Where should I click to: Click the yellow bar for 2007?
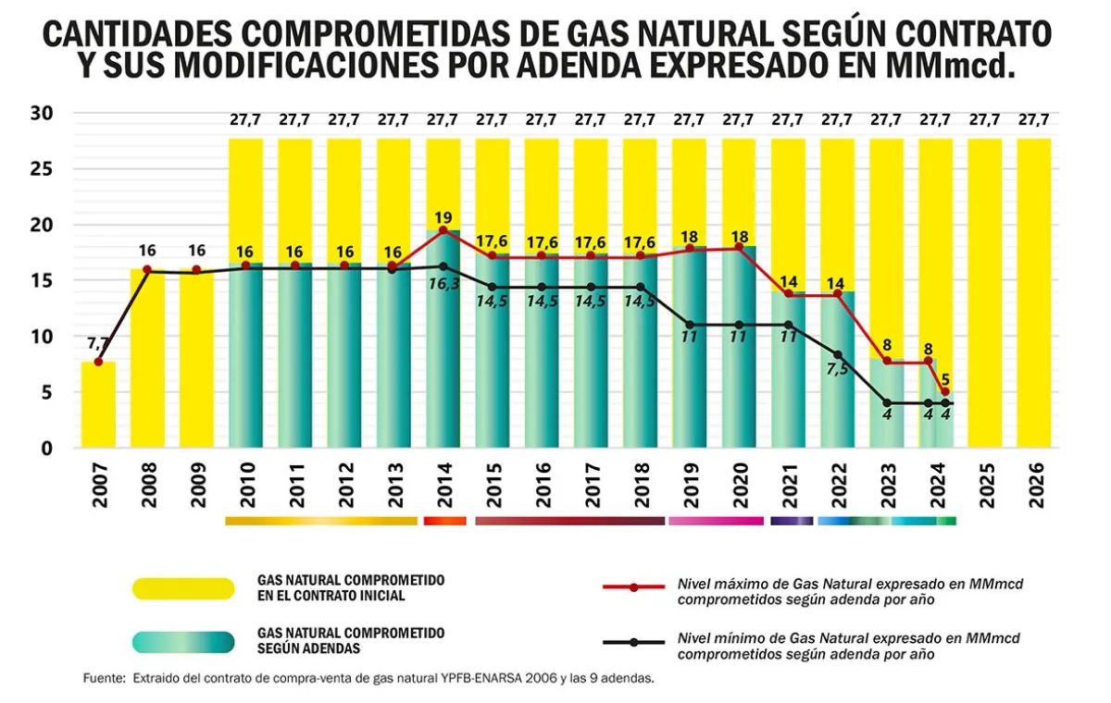pyautogui.click(x=98, y=405)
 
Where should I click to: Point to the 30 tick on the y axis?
pyautogui.click(x=43, y=114)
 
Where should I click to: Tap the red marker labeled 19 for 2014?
pyautogui.click(x=443, y=230)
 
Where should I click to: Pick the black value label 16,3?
pyautogui.click(x=443, y=286)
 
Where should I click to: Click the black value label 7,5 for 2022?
pyautogui.click(x=837, y=373)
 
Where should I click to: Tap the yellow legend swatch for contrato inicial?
pyautogui.click(x=183, y=589)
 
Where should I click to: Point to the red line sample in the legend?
pyautogui.click(x=633, y=587)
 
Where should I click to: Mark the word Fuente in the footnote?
pyautogui.click(x=103, y=679)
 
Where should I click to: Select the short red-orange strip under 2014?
pyautogui.click(x=444, y=521)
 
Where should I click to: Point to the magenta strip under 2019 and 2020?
pyautogui.click(x=716, y=521)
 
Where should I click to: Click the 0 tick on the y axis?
pyautogui.click(x=47, y=449)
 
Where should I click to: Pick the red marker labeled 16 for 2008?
pyautogui.click(x=146, y=269)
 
